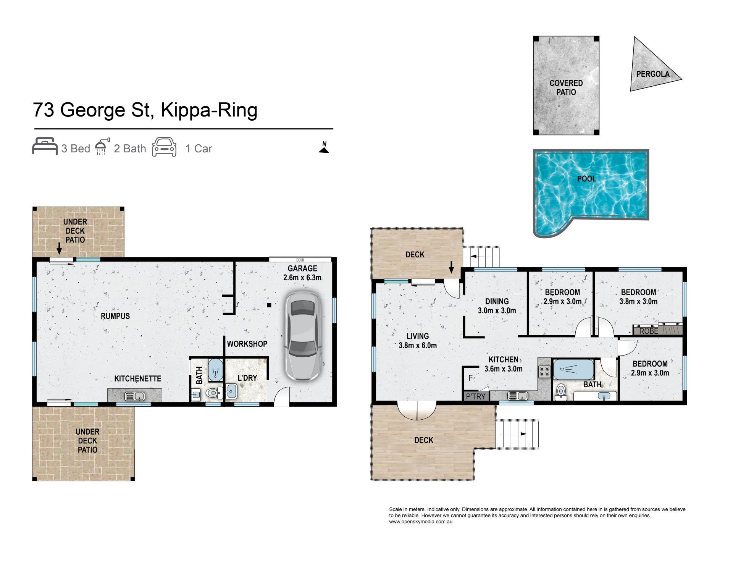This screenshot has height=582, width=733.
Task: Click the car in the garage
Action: (304, 336)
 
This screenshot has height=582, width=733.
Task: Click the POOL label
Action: (586, 179)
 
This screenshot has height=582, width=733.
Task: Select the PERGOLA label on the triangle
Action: (653, 74)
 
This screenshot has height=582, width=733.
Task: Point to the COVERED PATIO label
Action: (566, 87)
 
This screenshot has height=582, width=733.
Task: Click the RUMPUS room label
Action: (115, 316)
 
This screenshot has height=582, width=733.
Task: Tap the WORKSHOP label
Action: (247, 344)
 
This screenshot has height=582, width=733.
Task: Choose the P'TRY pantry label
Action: (476, 396)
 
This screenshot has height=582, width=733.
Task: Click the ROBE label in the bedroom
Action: (649, 331)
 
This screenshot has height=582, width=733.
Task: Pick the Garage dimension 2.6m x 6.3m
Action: (302, 278)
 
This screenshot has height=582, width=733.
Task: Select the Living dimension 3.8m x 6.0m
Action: (418, 345)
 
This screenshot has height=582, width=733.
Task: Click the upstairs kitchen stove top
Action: (544, 372)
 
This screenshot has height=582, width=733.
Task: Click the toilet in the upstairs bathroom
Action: (560, 391)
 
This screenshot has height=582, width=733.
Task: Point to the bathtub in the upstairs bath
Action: (573, 369)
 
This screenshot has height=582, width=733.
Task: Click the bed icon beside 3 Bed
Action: (45, 146)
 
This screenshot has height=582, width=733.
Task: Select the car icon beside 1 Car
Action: (165, 147)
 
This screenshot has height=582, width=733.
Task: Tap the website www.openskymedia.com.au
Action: (421, 522)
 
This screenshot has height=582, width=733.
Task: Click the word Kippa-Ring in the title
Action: (209, 110)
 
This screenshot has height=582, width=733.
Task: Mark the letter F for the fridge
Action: (471, 378)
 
